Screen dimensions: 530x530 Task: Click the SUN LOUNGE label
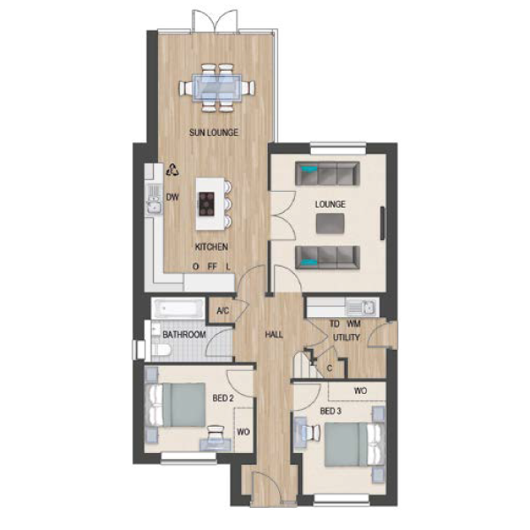[214, 132]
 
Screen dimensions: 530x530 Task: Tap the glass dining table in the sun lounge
[216, 87]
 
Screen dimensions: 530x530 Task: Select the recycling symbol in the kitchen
[173, 170]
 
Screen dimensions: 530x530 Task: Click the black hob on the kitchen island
[207, 204]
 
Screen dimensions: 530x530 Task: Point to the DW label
[172, 197]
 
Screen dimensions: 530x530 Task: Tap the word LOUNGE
[330, 204]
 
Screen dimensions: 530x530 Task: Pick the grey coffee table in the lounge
[330, 223]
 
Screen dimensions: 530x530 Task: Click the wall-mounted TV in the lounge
[382, 223]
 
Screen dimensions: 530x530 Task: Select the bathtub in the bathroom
[178, 308]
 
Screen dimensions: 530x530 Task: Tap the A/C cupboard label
[223, 311]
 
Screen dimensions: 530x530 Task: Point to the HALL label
[274, 335]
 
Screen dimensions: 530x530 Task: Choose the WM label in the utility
[354, 324]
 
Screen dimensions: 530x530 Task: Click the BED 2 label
[223, 398]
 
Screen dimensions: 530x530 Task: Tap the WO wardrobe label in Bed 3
[360, 390]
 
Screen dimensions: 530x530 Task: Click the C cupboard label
[329, 367]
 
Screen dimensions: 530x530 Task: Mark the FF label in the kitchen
[212, 267]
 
